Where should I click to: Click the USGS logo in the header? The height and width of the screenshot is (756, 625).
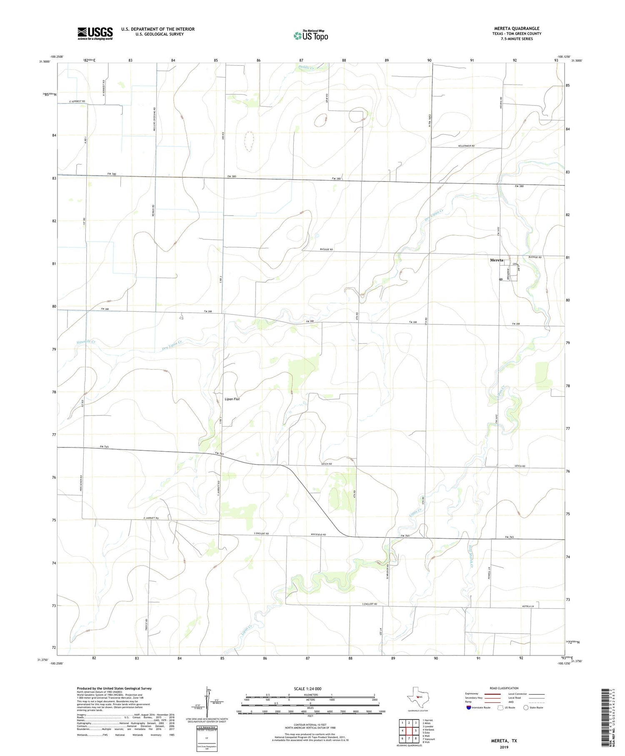point(95,33)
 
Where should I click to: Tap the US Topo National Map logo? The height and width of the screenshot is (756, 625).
point(310,35)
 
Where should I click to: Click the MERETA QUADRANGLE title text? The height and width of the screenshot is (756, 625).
point(516,28)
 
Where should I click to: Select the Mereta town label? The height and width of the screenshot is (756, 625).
point(496,260)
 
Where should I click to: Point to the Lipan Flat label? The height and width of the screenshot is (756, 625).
point(232,399)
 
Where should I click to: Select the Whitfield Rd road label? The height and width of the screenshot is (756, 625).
point(318,535)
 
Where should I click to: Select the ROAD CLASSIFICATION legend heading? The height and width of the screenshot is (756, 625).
point(504,688)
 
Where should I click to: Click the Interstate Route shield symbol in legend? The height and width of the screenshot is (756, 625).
point(469,708)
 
